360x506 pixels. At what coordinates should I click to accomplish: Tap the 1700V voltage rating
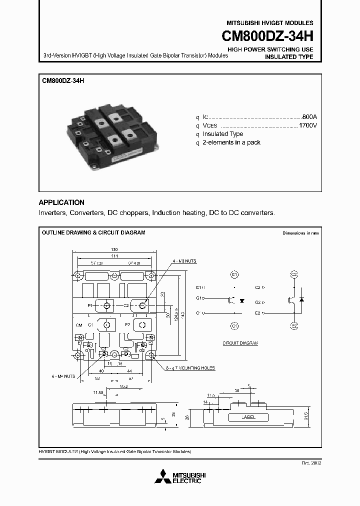coord(307,125)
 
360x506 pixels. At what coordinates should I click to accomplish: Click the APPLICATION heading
coord(61,202)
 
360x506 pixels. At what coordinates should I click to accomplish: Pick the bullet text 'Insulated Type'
coord(223,134)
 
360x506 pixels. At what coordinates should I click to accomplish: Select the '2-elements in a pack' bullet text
coord(231,142)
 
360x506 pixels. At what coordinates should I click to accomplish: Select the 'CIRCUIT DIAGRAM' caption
coord(240,344)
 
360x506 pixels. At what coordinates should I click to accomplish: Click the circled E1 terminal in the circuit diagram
coord(234,274)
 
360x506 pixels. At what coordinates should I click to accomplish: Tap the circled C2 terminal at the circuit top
coord(294,274)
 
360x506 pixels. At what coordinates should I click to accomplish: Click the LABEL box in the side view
coord(248,417)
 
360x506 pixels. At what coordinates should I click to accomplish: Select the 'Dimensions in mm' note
coord(300,233)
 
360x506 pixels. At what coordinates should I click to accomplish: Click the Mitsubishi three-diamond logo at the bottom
coord(163,476)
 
